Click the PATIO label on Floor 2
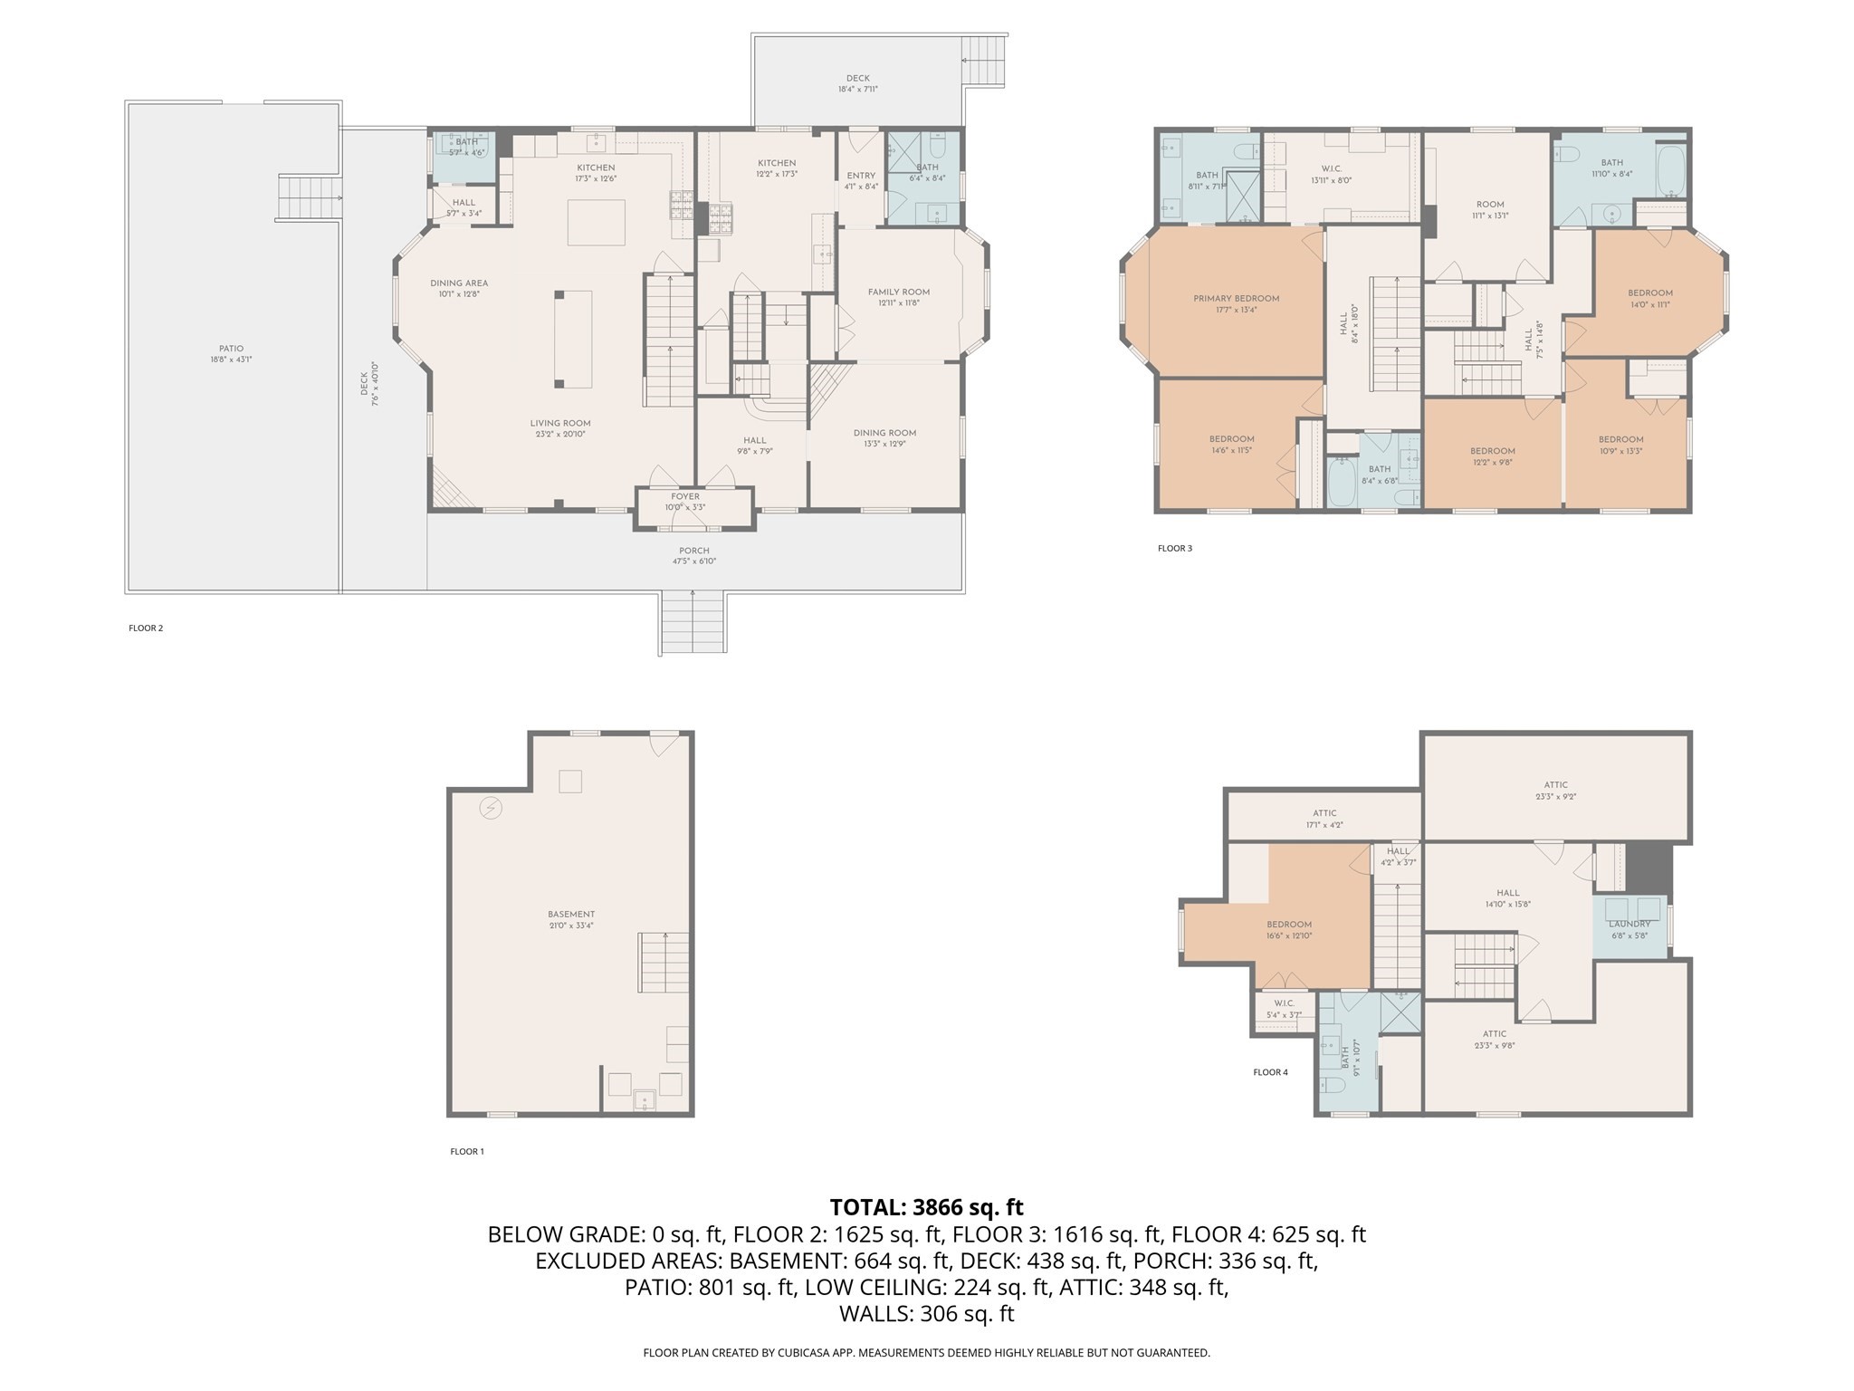[231, 349]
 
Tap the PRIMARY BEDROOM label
[1236, 299]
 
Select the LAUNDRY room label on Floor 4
[1629, 924]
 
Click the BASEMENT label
[570, 915]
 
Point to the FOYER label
[685, 496]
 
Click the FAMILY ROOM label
[898, 292]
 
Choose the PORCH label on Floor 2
[694, 551]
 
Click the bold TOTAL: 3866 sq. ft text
[926, 1207]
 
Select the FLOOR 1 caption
[467, 1152]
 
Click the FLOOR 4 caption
[1270, 1072]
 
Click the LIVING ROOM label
[560, 423]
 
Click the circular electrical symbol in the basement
[491, 807]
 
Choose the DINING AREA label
[459, 283]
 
